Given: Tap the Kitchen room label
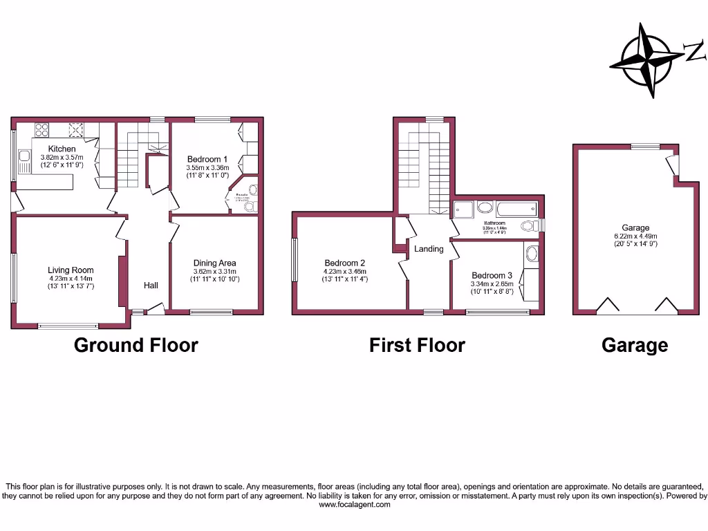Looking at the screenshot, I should pyautogui.click(x=62, y=149).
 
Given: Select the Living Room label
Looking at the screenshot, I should pyautogui.click(x=71, y=270).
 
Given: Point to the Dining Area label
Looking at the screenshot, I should pyautogui.click(x=214, y=263).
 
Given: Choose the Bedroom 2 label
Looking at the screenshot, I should pyautogui.click(x=345, y=263).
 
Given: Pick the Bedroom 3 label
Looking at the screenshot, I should pyautogui.click(x=492, y=276).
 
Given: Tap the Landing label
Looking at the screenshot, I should pyautogui.click(x=429, y=249).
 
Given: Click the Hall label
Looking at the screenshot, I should pyautogui.click(x=151, y=285).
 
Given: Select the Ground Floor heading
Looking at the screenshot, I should pyautogui.click(x=136, y=345).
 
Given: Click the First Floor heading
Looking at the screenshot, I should pyautogui.click(x=417, y=345).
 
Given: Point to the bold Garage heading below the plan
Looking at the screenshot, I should pyautogui.click(x=635, y=345).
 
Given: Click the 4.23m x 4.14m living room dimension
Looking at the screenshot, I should pyautogui.click(x=71, y=279).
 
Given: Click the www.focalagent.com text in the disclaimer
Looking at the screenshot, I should pyautogui.click(x=354, y=505).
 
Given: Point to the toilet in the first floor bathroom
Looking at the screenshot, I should pyautogui.click(x=529, y=225).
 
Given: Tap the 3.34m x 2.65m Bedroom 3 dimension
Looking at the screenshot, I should pyautogui.click(x=492, y=283).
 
